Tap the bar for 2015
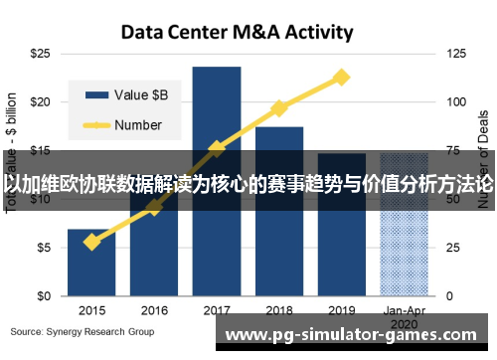[x=91, y=263]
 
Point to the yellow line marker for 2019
[x=341, y=77]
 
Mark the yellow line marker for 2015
[x=91, y=242]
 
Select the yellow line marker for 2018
[x=279, y=107]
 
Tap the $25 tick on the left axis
[x=41, y=53]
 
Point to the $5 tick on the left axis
[x=44, y=248]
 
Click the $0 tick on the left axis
[x=44, y=296]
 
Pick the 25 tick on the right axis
[x=454, y=248]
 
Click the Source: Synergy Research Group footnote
[x=83, y=330]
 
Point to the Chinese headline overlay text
[x=248, y=184]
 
